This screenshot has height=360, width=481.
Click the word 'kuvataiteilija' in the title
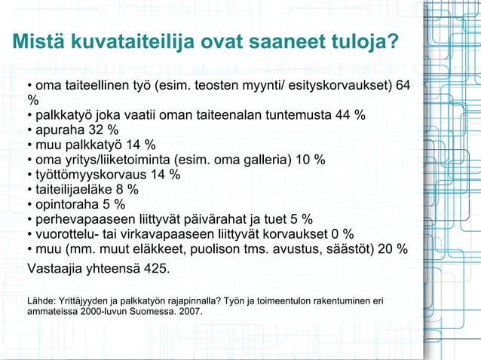130,42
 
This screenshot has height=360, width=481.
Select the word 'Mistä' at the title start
38,42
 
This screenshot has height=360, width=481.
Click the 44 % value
351,115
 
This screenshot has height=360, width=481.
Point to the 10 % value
310,160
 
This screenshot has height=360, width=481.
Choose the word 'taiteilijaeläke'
74,190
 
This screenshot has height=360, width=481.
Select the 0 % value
342,234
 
